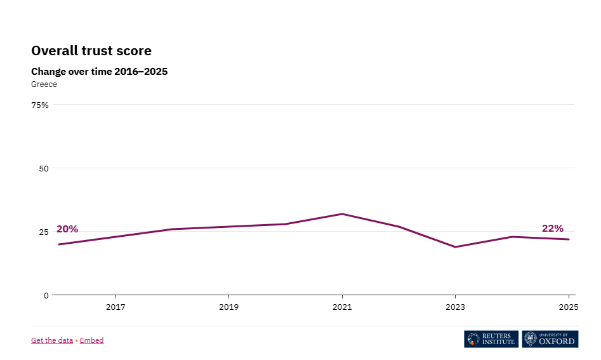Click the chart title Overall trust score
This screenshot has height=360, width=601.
[91, 51]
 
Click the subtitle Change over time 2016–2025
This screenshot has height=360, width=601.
[99, 72]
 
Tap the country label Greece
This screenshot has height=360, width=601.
[44, 84]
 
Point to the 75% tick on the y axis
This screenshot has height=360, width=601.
[40, 105]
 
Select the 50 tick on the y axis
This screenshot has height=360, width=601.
[44, 168]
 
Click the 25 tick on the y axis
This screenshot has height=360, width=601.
[44, 232]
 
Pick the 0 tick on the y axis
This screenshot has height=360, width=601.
[46, 295]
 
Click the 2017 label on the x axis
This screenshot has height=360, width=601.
[116, 307]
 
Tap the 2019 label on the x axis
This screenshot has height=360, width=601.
[228, 307]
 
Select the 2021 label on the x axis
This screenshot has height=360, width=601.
[342, 307]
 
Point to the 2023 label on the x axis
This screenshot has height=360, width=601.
[455, 307]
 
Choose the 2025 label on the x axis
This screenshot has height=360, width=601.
[568, 307]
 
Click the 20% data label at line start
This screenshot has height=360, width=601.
[67, 229]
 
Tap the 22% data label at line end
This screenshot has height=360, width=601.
[552, 229]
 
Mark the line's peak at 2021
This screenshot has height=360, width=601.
[342, 214]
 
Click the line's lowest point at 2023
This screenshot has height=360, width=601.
[455, 247]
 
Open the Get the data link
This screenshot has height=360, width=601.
[52, 340]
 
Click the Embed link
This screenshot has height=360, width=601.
[91, 340]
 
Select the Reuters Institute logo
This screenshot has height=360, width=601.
[491, 339]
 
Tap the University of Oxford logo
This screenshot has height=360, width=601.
[550, 339]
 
